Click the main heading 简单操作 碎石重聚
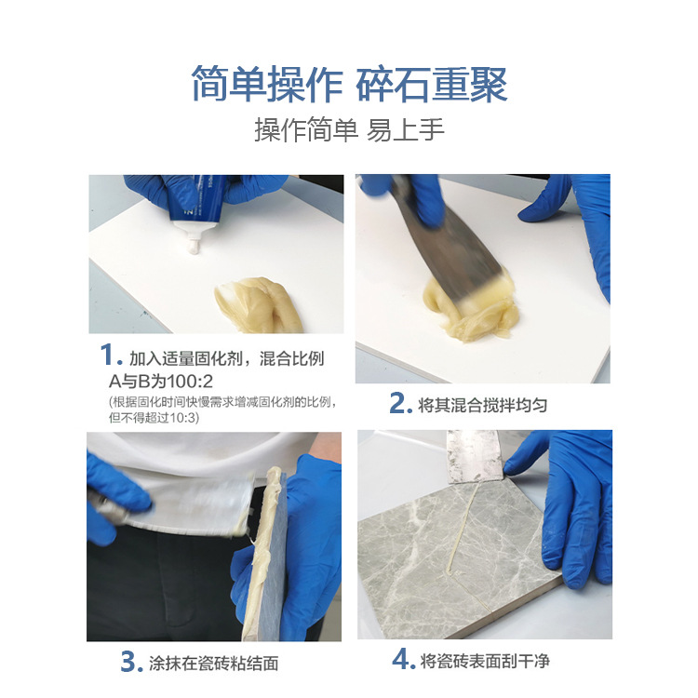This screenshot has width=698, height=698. click(x=349, y=84)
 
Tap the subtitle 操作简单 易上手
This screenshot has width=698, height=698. click(x=349, y=129)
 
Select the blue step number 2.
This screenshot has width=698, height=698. click(x=400, y=405)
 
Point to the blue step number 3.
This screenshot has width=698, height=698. click(x=130, y=663)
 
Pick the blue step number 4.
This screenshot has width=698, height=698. click(x=402, y=660)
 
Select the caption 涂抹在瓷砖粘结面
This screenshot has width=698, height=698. click(x=213, y=664)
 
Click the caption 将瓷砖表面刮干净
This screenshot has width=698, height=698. click(x=485, y=661)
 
